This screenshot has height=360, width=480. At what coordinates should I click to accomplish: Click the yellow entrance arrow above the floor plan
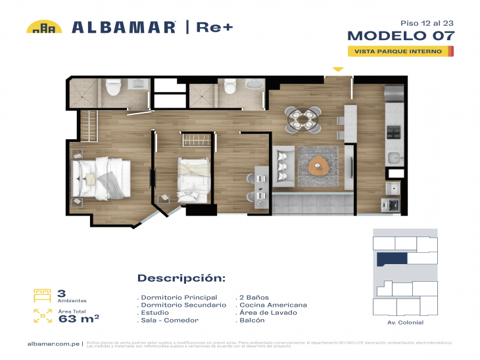coord(337,68)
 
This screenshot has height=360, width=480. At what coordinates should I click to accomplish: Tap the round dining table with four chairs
coord(303,119)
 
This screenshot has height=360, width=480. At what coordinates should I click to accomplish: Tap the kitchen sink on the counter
coord(395,158)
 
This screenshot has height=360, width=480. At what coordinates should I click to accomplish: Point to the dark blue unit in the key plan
coord(391,259)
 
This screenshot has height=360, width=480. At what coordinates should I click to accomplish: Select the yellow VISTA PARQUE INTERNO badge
coord(400,51)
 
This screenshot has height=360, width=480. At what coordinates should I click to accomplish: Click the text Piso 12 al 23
coord(426,22)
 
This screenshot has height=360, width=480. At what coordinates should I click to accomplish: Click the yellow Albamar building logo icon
coord(44,27)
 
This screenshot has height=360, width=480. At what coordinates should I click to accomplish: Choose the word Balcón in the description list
coord(252,320)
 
